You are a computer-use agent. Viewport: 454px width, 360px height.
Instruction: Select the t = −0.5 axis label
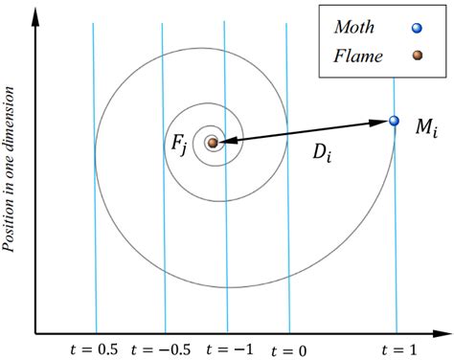tap(164, 349)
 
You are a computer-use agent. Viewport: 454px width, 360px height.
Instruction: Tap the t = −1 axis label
tap(229, 349)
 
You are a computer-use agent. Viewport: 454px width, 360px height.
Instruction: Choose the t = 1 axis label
tap(397, 349)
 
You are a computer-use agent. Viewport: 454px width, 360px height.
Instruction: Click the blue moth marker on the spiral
tap(394, 121)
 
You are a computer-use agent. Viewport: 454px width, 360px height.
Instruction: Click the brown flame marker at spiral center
tap(213, 143)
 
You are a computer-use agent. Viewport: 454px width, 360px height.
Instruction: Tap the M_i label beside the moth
tap(424, 127)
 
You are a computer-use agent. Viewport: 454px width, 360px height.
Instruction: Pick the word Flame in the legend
tap(358, 56)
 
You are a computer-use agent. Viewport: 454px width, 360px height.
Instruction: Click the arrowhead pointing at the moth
tap(381, 123)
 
